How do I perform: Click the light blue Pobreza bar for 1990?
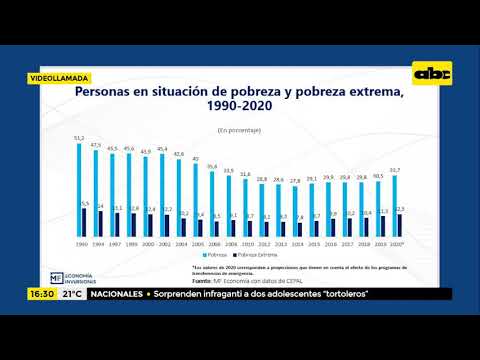(79, 190)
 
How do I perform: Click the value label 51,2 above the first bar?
(79, 138)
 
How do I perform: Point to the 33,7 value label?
(395, 171)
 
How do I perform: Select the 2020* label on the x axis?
(398, 244)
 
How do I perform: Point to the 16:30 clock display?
(41, 294)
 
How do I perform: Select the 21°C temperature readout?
(72, 294)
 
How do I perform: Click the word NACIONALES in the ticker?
(119, 294)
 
